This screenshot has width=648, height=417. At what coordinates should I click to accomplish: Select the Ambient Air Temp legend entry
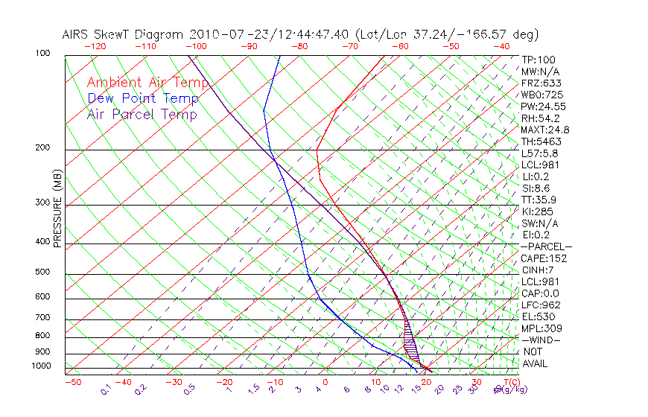pos(147,83)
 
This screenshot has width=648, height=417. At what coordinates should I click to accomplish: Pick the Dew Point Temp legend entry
pos(142,98)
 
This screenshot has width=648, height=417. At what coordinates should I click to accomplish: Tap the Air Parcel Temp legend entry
pos(142,114)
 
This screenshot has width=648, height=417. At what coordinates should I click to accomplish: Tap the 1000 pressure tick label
pos(42,366)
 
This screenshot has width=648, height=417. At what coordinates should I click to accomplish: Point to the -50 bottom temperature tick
pos(72,383)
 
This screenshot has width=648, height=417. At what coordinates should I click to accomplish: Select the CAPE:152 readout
pos(544,258)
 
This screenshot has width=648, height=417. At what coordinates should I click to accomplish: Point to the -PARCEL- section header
pos(546,246)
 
